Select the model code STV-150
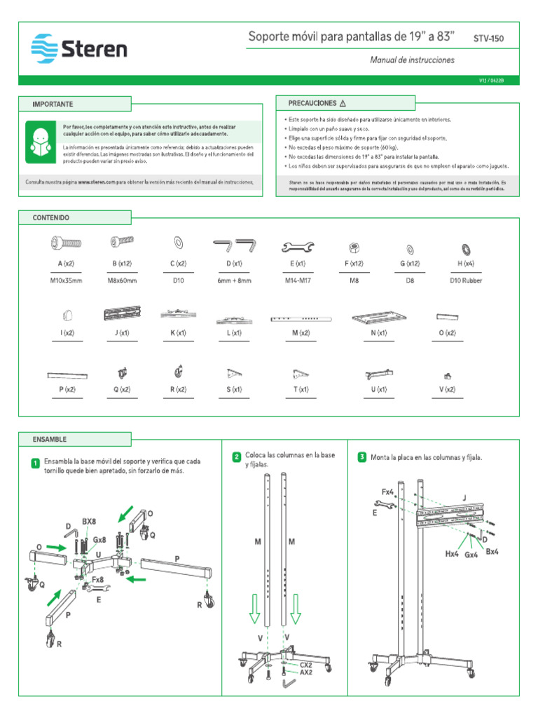coord(488,39)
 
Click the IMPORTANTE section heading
coord(53,104)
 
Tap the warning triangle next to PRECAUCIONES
coord(343,103)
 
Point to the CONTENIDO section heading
coord(51,218)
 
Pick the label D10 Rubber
coord(466,280)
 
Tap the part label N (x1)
coord(379,333)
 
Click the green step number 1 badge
coord(34,464)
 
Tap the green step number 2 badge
coord(237,457)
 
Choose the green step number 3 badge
coord(361,457)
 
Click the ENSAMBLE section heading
coord(49,439)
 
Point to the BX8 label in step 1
coord(89,522)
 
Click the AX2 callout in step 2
coord(306,671)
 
